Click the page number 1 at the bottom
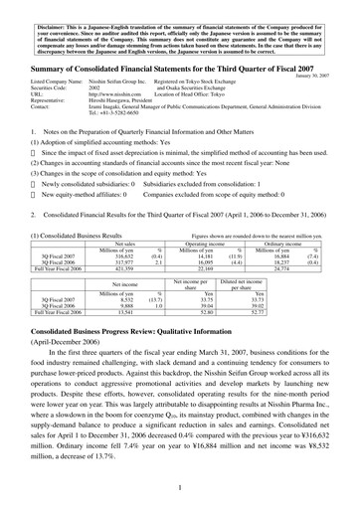[179, 487]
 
